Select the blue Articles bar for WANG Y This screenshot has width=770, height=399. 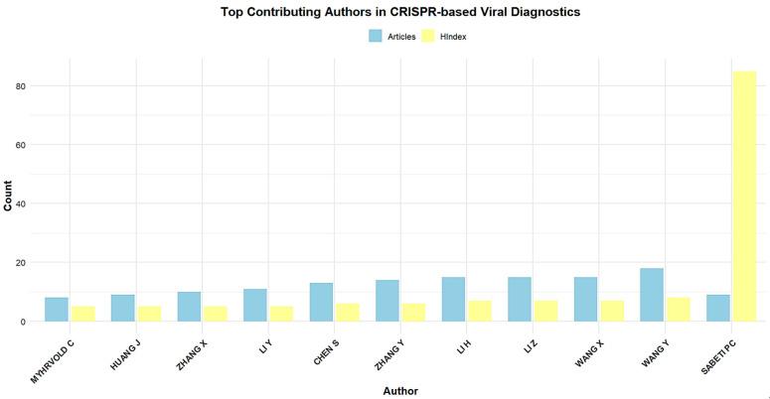click(652, 295)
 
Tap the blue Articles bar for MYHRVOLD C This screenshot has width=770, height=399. click(57, 310)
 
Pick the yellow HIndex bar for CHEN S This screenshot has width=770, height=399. click(346, 313)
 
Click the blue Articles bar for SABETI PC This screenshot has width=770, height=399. click(717, 308)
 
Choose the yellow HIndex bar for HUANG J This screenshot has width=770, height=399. click(147, 314)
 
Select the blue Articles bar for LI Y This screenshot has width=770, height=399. click(254, 305)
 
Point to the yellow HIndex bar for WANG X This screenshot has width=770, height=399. click(611, 311)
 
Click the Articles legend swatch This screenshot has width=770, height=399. click(376, 36)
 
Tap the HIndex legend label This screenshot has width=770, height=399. click(453, 36)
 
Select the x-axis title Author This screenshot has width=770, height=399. click(400, 390)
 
